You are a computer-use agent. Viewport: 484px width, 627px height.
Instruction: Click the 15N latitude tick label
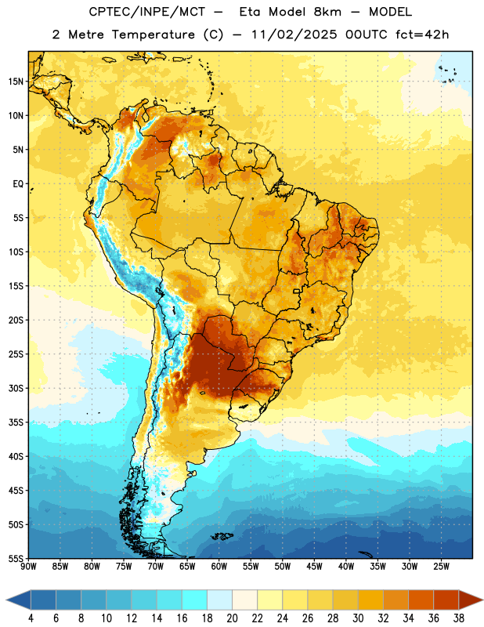coord(16,82)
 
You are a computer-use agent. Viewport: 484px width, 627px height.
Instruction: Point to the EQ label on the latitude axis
coord(18,184)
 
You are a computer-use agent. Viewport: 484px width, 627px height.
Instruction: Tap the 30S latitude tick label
coord(16,388)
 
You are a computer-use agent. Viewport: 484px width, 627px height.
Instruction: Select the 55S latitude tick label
coord(16,559)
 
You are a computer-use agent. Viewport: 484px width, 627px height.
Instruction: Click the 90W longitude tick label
coord(28,567)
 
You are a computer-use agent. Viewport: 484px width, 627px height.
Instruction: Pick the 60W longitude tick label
coord(219,567)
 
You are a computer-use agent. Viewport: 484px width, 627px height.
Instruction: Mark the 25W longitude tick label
coord(441,567)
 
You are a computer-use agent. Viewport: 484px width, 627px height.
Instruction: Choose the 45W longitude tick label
coord(314,567)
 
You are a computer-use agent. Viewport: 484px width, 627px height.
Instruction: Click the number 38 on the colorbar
coord(459,618)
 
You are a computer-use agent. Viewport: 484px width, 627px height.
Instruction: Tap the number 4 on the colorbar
coord(31,618)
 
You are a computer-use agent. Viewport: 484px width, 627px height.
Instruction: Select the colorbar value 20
coord(232,618)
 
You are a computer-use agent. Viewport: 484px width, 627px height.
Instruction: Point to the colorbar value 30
coord(358,618)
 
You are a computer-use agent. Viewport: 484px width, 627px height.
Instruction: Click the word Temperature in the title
coord(153,34)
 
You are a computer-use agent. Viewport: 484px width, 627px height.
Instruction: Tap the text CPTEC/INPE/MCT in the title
coord(147,12)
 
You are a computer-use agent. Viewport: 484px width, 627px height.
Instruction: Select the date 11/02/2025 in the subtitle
coord(294,34)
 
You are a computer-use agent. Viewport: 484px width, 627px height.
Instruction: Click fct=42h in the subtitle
coord(422,34)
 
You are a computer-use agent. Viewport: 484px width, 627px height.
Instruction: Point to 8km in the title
coord(327,12)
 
